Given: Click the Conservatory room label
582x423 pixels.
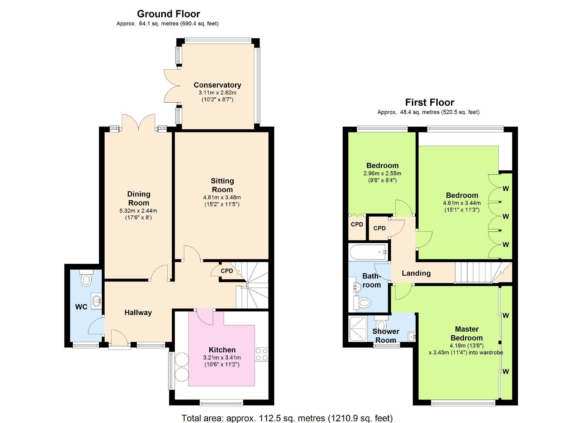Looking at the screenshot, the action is coord(217,85).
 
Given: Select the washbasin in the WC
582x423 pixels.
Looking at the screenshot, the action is coord(97,301).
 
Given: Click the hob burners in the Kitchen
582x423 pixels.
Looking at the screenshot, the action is coord(262,354).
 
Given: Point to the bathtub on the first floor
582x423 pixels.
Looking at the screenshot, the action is coord(368,252).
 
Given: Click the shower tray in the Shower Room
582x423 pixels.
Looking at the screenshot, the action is coord(358,329).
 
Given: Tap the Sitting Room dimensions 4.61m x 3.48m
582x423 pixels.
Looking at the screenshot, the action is coord(222,197).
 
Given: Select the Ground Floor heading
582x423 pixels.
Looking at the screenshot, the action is coord(168,14).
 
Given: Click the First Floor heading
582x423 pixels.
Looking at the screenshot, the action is coord(429,102).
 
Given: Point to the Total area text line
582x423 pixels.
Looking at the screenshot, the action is coord(287,418).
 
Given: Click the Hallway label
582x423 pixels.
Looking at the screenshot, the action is coord(138,312).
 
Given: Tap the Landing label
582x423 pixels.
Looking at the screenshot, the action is coord(416,273).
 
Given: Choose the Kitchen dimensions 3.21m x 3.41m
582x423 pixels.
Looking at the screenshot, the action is coord(222,358).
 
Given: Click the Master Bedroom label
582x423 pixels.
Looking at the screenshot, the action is coord(466,333).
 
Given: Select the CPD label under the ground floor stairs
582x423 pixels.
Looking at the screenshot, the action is coord(227,271).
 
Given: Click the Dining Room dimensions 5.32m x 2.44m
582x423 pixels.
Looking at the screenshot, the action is coord(138,210).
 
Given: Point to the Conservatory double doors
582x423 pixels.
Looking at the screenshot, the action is coord(172,86).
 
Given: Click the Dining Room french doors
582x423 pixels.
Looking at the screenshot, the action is coord(139,122).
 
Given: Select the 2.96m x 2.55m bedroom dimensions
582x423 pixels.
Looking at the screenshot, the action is coord(382,173).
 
